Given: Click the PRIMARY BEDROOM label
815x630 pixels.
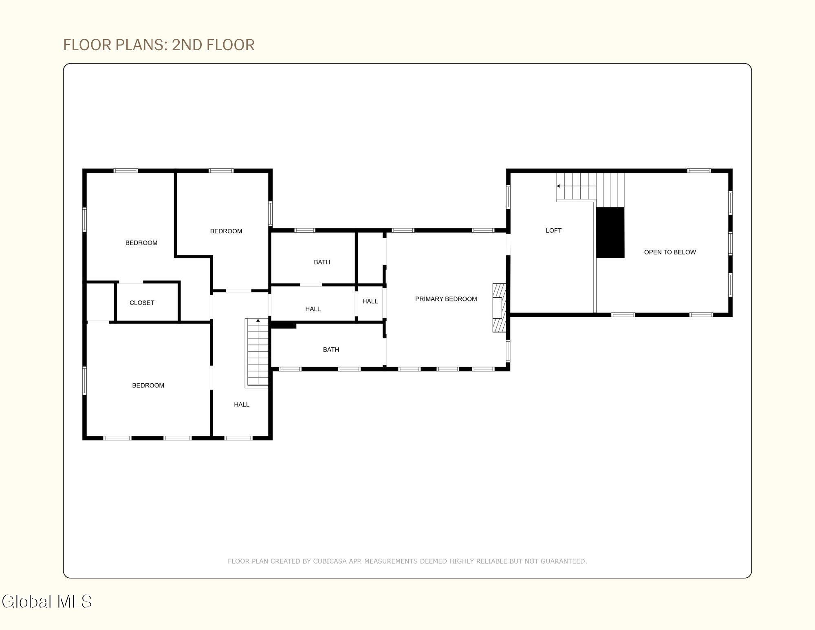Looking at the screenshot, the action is [446, 299].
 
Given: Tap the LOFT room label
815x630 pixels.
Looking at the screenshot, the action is [553, 230].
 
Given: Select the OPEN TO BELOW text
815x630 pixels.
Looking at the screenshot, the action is [670, 252].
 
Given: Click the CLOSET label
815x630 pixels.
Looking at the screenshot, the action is [142, 303].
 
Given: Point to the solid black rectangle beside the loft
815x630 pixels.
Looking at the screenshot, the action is [610, 232].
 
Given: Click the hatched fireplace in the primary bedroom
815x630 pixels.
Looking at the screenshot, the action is [499, 307].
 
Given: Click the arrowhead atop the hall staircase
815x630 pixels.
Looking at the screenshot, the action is [258, 321].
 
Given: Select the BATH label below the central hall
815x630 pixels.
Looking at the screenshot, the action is [331, 349].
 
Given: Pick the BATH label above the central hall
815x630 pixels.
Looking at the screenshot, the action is [322, 262].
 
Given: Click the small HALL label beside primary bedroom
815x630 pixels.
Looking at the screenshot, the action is [370, 301].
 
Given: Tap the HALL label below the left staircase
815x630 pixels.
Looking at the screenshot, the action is [242, 405].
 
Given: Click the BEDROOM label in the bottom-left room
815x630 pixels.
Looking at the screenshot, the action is [148, 385].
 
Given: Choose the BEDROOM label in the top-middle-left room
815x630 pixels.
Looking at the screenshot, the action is [226, 231].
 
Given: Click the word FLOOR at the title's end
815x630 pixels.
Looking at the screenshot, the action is [231, 45].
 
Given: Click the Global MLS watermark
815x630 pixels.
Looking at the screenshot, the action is [47, 602].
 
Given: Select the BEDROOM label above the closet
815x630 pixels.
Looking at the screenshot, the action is [141, 243].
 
